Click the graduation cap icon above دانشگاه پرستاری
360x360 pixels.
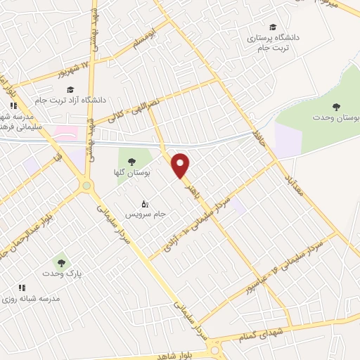pyautogui.click(x=272, y=27)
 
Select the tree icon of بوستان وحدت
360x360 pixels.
pyautogui.click(x=336, y=106)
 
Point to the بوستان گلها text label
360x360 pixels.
pyautogui.click(x=132, y=173)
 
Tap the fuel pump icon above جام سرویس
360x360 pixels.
pyautogui.click(x=145, y=203)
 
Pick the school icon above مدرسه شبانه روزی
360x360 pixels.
pyautogui.click(x=22, y=287)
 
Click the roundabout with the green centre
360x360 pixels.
pyautogui.click(x=88, y=186)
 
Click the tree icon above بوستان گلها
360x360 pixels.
pyautogui.click(x=132, y=162)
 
